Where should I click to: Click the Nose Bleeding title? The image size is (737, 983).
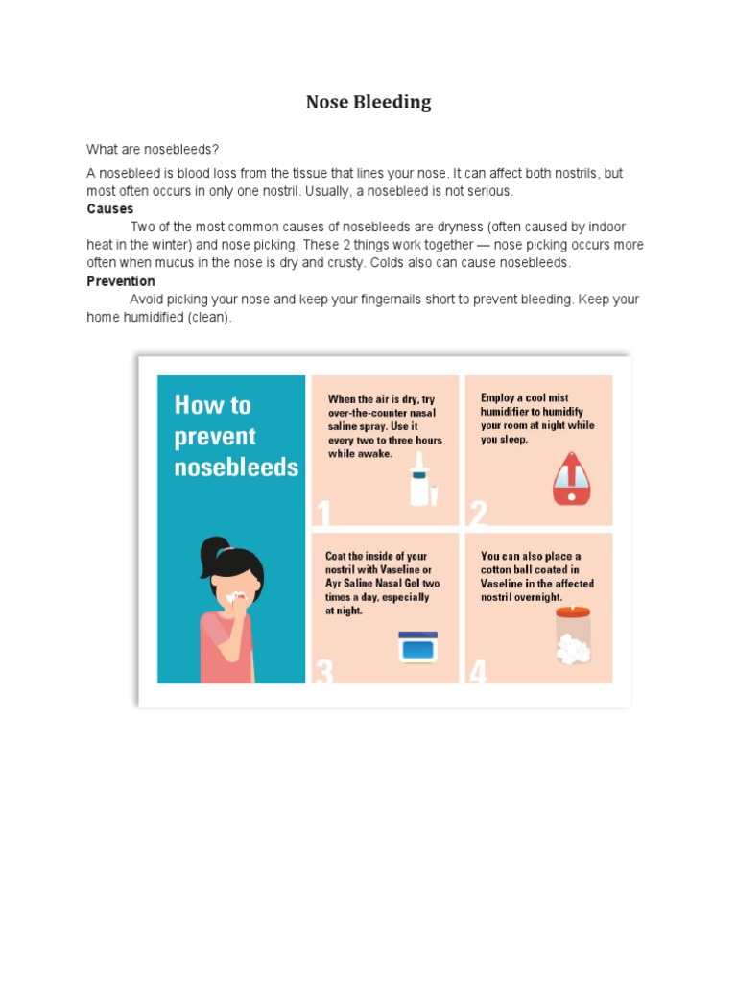click(x=368, y=103)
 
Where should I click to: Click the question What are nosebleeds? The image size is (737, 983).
click(x=153, y=150)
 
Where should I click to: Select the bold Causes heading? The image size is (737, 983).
click(x=110, y=208)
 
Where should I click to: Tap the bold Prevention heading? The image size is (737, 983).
click(x=121, y=281)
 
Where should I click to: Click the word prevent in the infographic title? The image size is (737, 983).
click(x=215, y=437)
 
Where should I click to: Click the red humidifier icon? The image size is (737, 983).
click(x=570, y=478)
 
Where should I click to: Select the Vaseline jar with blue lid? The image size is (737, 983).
click(x=417, y=648)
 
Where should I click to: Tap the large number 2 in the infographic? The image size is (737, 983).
click(x=478, y=515)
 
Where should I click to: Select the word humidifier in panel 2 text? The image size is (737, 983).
click(x=511, y=412)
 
